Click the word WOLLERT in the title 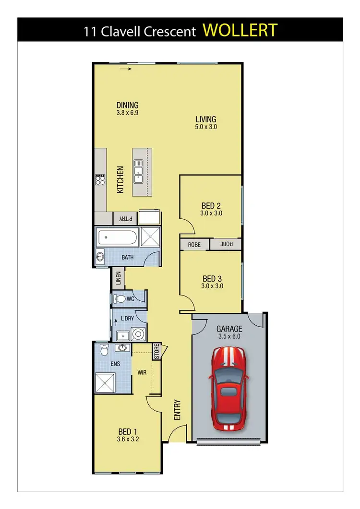[x=240, y=30]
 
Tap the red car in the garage [x=228, y=389]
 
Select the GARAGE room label [x=229, y=329]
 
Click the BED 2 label [x=211, y=206]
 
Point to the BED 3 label [x=212, y=279]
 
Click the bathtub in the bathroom [x=118, y=238]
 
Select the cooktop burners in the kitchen [x=100, y=179]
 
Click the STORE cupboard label [x=156, y=351]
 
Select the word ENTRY [x=177, y=410]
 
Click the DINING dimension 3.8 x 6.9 [x=127, y=113]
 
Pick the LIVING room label [x=205, y=119]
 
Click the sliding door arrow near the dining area [x=126, y=69]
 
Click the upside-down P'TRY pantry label [x=125, y=218]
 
